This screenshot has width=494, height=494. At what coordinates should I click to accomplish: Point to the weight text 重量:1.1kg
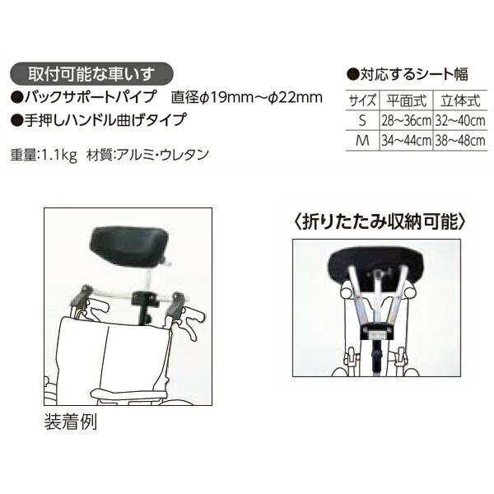(x=44, y=154)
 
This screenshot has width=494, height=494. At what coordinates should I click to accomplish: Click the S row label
(x=363, y=120)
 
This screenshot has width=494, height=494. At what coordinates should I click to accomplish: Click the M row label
(x=363, y=139)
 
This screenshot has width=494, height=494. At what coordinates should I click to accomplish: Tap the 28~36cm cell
(x=404, y=120)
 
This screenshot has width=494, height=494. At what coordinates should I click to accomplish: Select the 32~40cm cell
(x=456, y=120)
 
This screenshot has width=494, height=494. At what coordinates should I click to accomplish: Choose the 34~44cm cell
(x=404, y=139)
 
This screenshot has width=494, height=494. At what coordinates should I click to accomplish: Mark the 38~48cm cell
(x=456, y=139)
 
